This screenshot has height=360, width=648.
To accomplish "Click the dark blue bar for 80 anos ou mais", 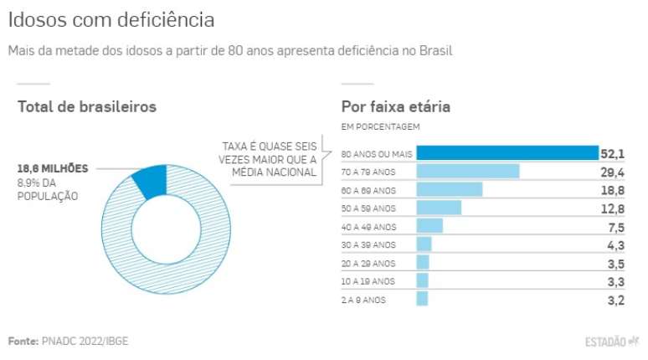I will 507,153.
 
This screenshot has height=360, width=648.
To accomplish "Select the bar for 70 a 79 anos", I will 468,172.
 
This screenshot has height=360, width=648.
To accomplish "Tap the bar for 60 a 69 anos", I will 450,190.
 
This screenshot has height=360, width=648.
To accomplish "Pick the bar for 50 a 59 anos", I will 439,208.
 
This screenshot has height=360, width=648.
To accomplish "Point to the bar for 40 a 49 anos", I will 429,226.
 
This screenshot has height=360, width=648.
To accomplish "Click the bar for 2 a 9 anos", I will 422,299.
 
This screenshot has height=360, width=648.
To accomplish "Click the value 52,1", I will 612,153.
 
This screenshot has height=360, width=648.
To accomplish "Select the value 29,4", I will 612,172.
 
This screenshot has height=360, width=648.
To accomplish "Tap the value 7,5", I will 615,226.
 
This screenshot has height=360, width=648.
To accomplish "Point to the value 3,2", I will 615,299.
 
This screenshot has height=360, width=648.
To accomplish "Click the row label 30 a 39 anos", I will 368,244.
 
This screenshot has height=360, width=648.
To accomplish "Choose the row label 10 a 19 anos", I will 368,281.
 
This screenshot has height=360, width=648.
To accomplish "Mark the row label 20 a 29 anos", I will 368,263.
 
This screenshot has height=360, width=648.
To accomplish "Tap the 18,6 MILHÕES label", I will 53,168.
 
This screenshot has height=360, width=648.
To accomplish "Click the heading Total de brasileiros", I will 87,107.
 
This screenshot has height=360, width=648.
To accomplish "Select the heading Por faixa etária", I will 395,107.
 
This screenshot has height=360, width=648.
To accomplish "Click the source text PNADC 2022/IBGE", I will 84,342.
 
